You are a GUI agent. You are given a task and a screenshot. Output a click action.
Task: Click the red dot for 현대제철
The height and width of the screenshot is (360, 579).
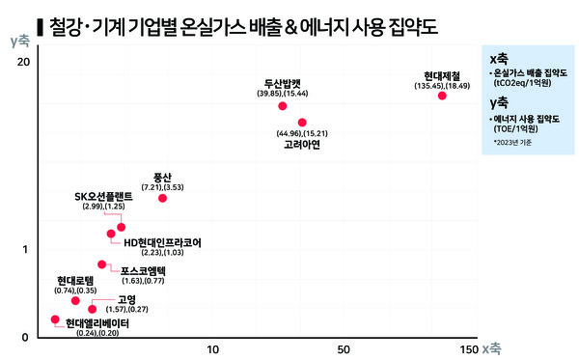(x=442, y=96)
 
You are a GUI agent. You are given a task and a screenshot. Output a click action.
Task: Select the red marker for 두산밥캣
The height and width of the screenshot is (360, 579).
(x=283, y=105)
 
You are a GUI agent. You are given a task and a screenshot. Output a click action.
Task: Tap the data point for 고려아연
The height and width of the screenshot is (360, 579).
(x=302, y=123)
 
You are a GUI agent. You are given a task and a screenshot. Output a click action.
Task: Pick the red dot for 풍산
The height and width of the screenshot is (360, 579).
(x=162, y=198)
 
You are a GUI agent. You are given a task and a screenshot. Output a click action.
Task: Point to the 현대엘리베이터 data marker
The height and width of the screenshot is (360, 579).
(x=55, y=319)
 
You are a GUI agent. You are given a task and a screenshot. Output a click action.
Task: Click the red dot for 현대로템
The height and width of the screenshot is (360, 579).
(x=75, y=301)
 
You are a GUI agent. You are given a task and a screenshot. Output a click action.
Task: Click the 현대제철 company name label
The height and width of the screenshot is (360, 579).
(x=442, y=74)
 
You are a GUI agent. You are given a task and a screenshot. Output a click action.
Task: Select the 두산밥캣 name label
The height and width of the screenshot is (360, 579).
(x=283, y=83)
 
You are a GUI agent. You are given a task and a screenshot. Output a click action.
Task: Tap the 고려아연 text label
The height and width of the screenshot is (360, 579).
(x=302, y=144)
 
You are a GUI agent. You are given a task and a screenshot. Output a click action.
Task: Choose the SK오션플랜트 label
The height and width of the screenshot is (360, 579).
(x=100, y=196)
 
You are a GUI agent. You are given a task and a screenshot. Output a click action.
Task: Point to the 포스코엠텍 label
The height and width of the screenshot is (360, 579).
(x=143, y=270)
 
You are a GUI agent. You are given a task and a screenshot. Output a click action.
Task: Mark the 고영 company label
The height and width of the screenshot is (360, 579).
(x=126, y=298)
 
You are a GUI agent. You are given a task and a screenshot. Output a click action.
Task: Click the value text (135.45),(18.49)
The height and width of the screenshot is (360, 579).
(x=442, y=85)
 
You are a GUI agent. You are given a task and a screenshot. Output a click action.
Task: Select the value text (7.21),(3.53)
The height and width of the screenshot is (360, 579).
(x=162, y=185)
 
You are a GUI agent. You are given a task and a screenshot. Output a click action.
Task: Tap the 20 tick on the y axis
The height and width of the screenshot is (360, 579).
(x=24, y=62)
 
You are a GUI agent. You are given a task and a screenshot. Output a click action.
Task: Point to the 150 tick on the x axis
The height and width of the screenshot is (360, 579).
(x=469, y=347)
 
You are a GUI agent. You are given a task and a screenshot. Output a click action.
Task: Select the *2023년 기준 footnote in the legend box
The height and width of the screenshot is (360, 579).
(x=511, y=143)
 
